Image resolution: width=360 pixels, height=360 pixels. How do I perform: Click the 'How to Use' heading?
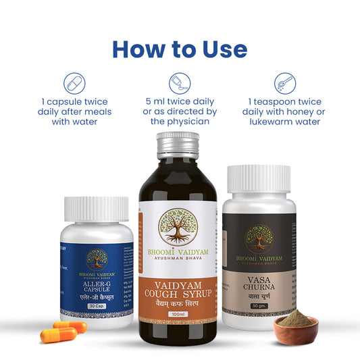click(180, 49)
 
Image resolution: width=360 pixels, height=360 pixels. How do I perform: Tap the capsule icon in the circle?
click(74, 84)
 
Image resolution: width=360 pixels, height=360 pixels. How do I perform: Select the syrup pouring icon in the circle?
click(180, 84)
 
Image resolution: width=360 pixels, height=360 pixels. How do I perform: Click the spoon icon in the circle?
click(285, 84)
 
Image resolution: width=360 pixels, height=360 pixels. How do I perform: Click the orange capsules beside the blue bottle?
click(64, 331)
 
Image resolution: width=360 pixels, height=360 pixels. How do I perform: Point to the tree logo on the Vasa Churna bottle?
click(260, 238)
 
